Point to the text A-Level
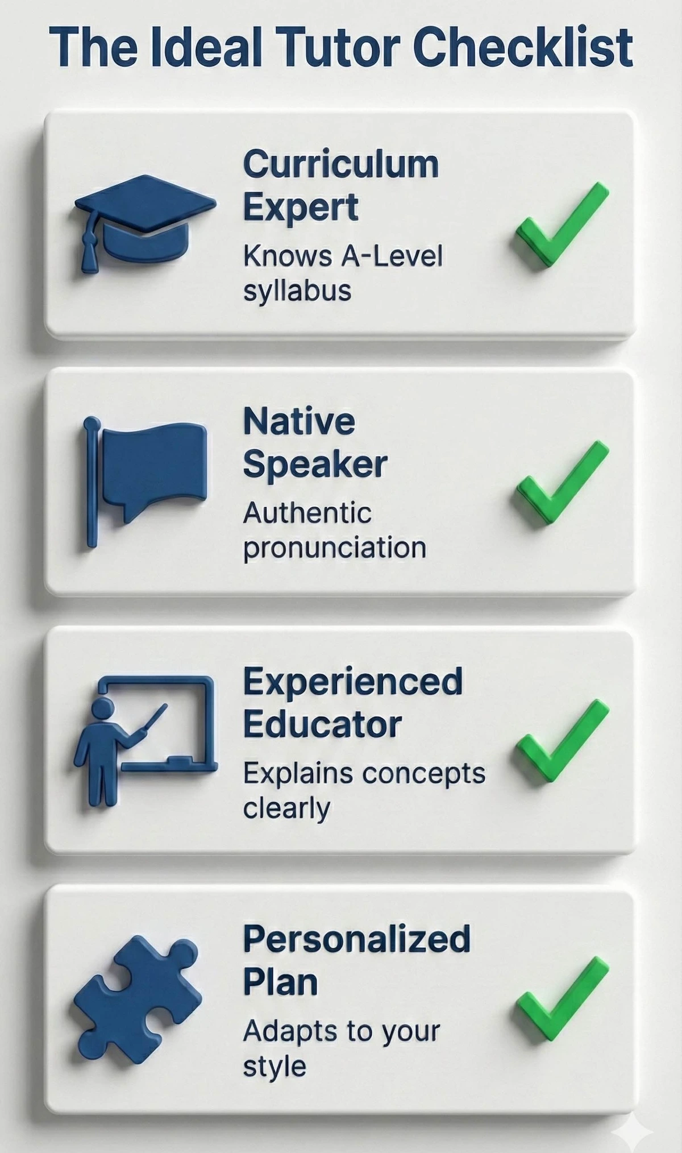point(392,256)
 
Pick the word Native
point(299,422)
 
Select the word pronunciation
point(335,548)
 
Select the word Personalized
point(357,939)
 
